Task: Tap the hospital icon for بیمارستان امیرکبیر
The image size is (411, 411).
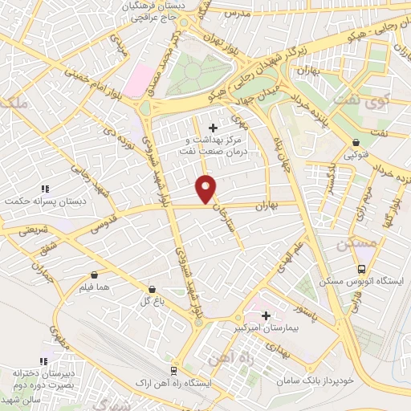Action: tap(266, 315)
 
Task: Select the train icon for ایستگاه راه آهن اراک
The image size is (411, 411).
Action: tap(173, 370)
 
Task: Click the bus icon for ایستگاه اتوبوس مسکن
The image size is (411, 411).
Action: tap(361, 270)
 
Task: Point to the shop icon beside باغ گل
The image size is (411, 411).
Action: tap(152, 287)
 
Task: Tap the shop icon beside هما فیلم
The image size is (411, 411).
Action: tap(94, 274)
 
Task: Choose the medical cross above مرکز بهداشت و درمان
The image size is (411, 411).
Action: tap(212, 128)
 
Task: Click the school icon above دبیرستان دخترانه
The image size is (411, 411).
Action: tap(44, 362)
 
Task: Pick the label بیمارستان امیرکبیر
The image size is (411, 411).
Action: tap(265, 329)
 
